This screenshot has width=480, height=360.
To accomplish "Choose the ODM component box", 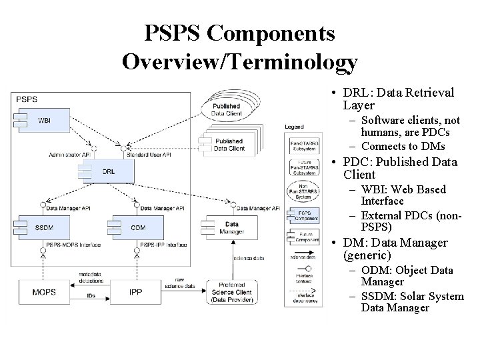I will click(137, 228).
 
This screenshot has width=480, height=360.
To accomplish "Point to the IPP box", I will click(135, 292).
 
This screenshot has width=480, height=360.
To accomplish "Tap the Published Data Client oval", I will click(226, 109).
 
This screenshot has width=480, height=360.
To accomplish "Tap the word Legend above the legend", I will click(294, 127).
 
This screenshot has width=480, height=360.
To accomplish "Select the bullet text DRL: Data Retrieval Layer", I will click(399, 99).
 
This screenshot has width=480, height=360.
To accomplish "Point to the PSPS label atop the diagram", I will click(27, 99).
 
